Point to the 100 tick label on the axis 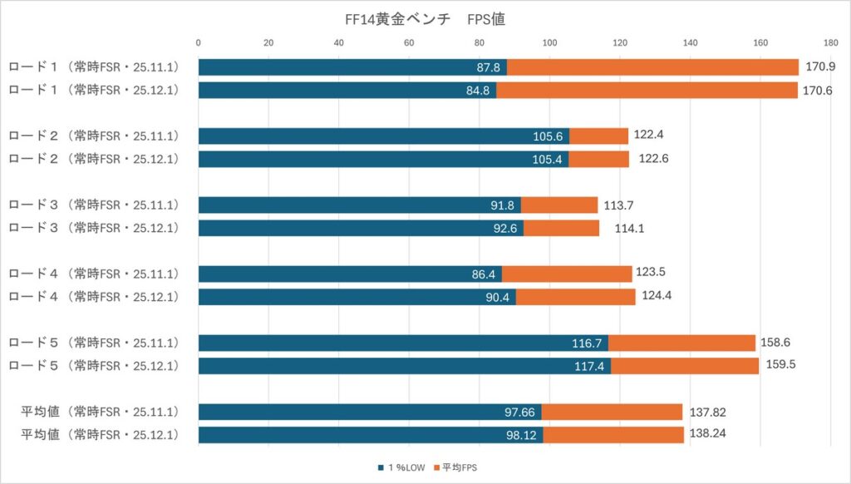click(x=549, y=42)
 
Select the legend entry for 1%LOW click(x=401, y=468)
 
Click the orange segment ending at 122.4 click(x=598, y=136)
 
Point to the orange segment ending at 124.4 click(x=575, y=297)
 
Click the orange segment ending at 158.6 click(x=681, y=343)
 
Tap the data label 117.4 click(x=593, y=366)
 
